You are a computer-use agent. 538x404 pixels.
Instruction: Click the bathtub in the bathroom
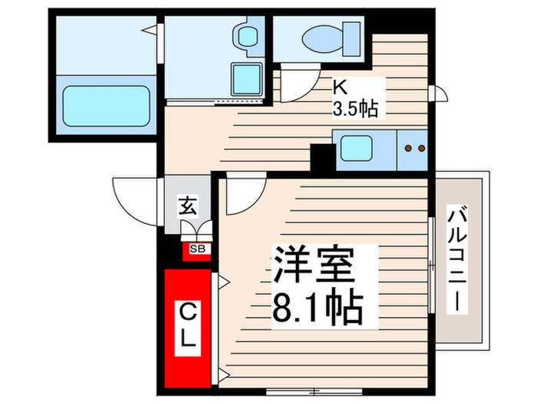tap(105, 104)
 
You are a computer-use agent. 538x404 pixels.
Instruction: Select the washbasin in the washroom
tap(247, 35)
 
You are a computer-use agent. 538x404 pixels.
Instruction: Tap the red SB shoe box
tap(198, 249)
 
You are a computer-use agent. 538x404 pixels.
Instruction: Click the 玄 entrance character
tap(187, 206)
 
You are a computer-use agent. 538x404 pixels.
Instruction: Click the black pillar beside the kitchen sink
tap(320, 157)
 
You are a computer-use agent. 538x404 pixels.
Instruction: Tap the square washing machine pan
tap(247, 78)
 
